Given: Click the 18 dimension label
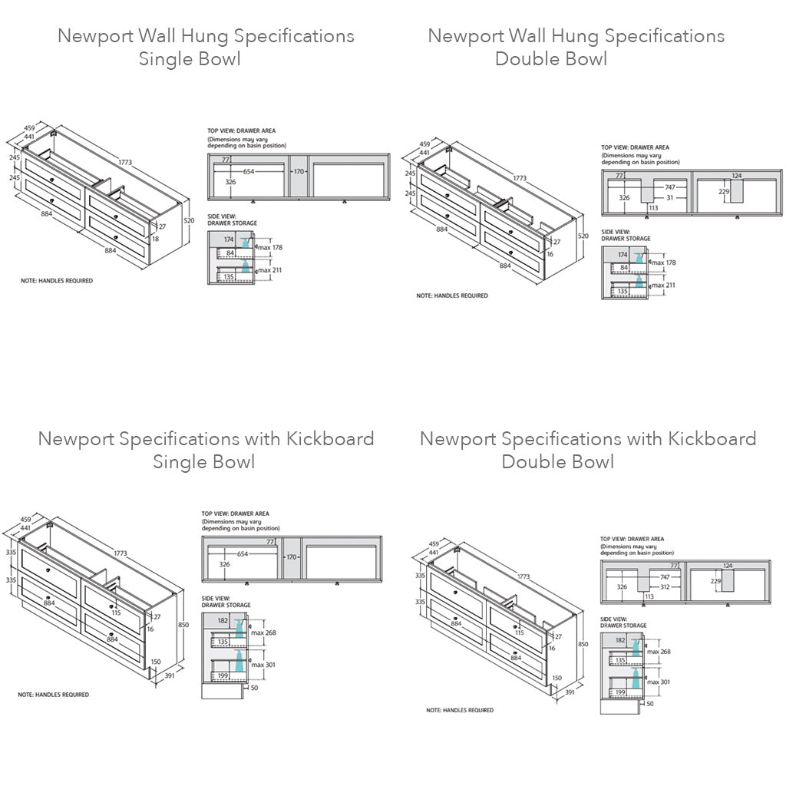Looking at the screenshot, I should pyautogui.click(x=155, y=239).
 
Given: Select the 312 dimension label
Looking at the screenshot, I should pyautogui.click(x=666, y=586).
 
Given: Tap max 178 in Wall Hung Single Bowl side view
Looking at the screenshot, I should pyautogui.click(x=271, y=247).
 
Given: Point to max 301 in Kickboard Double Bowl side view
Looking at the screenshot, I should pyautogui.click(x=659, y=682).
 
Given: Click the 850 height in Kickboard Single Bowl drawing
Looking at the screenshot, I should pyautogui.click(x=183, y=624).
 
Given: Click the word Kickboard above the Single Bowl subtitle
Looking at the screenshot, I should pyautogui.click(x=330, y=439).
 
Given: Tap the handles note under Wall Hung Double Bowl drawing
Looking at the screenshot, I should pyautogui.click(x=452, y=296).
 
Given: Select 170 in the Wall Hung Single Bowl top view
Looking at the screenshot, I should pyautogui.click(x=299, y=171).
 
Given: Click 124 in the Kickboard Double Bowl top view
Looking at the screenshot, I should pyautogui.click(x=728, y=566).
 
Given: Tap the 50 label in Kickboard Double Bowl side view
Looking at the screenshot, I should pyautogui.click(x=649, y=703).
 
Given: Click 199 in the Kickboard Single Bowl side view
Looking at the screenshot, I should pyautogui.click(x=223, y=675).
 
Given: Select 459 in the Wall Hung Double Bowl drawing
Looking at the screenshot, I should pyautogui.click(x=424, y=144).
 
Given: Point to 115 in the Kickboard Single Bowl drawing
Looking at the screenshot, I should pyautogui.click(x=116, y=612).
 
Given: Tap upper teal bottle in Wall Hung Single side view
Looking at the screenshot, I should pyautogui.click(x=246, y=243).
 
